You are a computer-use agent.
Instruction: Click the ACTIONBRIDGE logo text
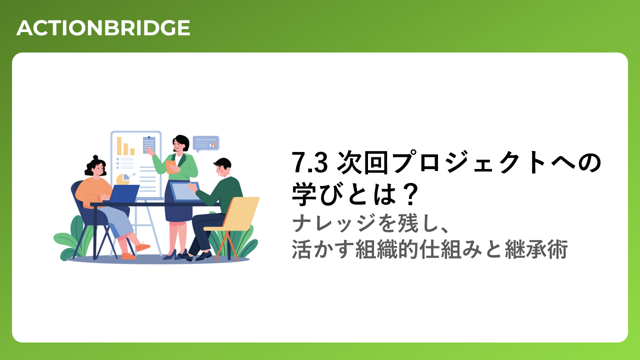click(x=103, y=28)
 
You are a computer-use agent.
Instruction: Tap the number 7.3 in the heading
click(x=309, y=163)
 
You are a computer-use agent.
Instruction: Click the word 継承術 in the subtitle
click(x=536, y=249)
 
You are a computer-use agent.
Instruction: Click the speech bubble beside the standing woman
click(x=206, y=143)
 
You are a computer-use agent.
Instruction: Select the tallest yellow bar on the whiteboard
click(x=119, y=146)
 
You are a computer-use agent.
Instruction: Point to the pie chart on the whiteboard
click(x=123, y=179)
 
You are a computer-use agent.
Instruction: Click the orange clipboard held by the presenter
click(x=171, y=167)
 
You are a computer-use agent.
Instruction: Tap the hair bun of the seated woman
click(x=95, y=157)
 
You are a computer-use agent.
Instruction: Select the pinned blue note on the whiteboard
click(x=149, y=145)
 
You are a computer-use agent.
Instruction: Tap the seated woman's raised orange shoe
click(x=143, y=247)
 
